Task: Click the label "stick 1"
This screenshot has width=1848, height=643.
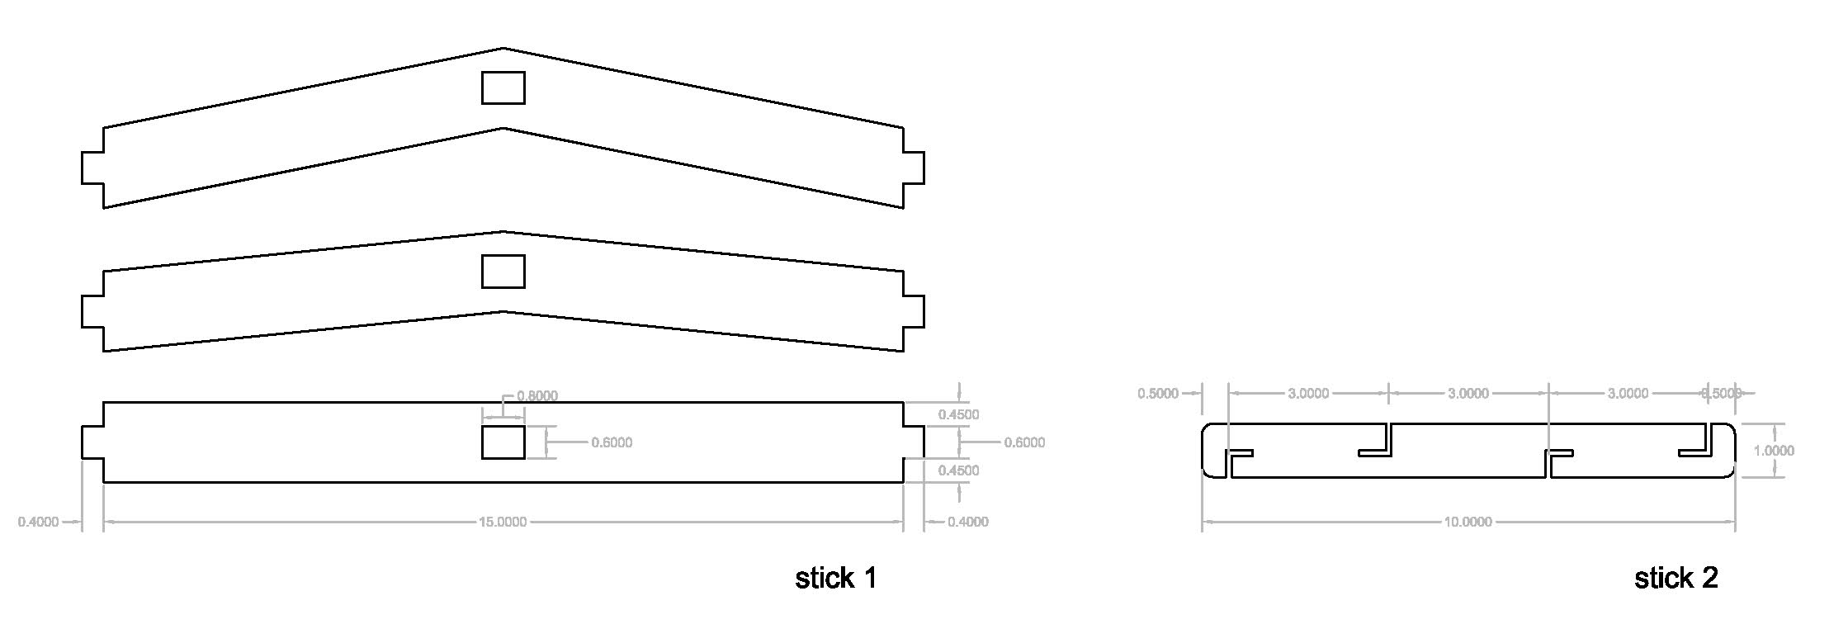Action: click(835, 578)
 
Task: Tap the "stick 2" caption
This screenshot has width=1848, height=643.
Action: click(1675, 578)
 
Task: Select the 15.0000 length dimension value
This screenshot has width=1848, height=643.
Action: click(503, 522)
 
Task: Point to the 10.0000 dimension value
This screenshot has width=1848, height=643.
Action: click(1468, 522)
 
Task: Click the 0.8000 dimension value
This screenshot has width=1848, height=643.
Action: click(537, 396)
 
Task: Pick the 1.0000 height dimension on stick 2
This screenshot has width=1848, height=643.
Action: click(1774, 451)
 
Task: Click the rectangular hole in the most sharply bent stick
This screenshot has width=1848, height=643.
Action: click(503, 87)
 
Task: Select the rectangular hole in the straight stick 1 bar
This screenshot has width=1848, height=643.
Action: click(503, 442)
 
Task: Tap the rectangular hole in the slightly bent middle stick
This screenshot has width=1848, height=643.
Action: click(503, 272)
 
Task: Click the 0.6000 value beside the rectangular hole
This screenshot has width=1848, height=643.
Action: click(612, 442)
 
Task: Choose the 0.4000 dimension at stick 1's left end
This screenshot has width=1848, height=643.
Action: click(39, 522)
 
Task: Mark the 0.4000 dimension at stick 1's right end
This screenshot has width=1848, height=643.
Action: click(967, 522)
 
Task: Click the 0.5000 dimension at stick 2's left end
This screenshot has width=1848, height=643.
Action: click(1158, 394)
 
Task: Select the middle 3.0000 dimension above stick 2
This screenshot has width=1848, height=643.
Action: click(1468, 394)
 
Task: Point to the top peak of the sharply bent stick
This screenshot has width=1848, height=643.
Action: click(503, 49)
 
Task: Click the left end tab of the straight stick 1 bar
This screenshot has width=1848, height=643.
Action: click(92, 442)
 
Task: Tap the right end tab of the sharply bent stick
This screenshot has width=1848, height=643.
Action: click(914, 168)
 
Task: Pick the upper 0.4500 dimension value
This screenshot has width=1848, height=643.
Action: click(958, 414)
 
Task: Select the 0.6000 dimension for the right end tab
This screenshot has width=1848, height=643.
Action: click(1024, 442)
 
